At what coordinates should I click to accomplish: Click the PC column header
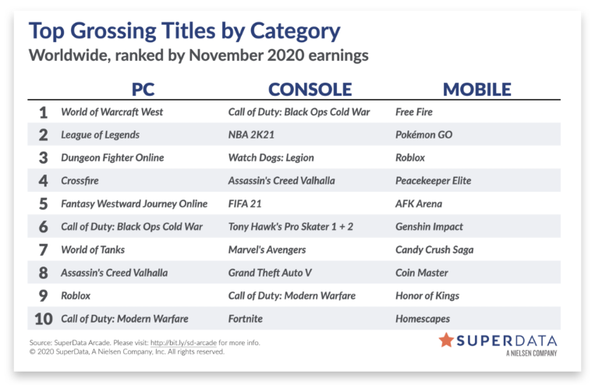click(x=143, y=90)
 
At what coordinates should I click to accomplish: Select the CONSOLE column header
click(x=310, y=90)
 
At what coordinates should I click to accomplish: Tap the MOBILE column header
click(x=477, y=90)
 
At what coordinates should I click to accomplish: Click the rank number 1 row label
click(x=43, y=112)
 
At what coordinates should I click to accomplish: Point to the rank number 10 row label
click(x=43, y=319)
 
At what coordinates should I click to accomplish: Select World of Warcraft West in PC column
click(x=112, y=112)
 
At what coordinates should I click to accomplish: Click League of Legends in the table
click(x=100, y=135)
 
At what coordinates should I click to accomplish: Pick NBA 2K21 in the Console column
click(x=251, y=135)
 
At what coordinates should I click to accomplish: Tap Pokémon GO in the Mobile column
click(x=424, y=135)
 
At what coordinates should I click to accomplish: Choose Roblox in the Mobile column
click(x=410, y=157)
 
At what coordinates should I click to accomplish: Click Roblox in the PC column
click(x=76, y=296)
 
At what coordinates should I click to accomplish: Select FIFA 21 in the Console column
click(x=245, y=203)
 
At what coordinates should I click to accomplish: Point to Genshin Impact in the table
click(x=429, y=227)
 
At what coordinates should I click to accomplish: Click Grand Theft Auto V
click(x=270, y=273)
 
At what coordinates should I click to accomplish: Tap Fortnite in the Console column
click(x=246, y=319)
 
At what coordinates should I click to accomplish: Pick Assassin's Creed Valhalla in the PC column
click(x=114, y=273)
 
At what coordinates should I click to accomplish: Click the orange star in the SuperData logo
click(x=446, y=340)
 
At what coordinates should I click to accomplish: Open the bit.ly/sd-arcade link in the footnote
click(x=183, y=342)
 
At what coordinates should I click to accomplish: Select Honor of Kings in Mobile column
click(x=427, y=296)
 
